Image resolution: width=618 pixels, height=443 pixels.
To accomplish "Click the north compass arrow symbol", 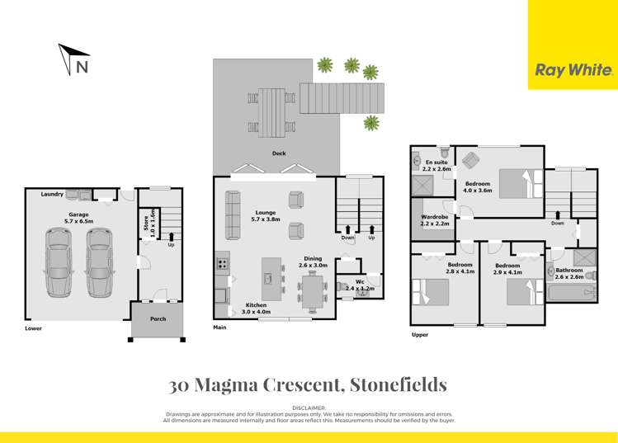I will tap(72, 60).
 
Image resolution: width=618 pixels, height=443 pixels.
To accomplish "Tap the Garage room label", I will tap(78, 219).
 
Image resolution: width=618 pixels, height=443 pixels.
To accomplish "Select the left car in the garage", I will tap(59, 263).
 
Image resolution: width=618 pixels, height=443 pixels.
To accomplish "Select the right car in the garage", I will tap(99, 263).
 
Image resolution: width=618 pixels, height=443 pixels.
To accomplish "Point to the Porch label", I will tap(158, 318).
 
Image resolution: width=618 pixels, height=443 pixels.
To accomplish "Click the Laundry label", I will tap(52, 194).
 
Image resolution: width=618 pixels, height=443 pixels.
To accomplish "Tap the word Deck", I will tap(279, 153).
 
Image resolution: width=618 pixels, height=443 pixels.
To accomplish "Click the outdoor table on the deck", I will tap(271, 109).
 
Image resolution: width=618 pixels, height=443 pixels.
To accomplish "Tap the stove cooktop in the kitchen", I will tap(222, 265).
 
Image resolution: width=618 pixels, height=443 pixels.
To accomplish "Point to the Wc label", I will tap(360, 282).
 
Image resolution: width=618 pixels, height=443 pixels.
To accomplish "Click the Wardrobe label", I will tap(435, 219).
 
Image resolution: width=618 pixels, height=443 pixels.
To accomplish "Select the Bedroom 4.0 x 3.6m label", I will tap(478, 187).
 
